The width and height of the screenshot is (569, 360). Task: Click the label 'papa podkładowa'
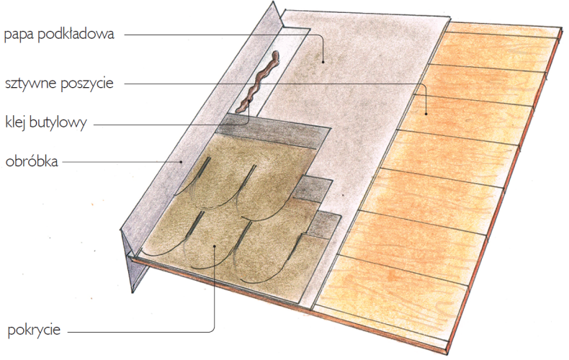[x=59, y=35]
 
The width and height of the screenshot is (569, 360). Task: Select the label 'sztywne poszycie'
[x=59, y=84]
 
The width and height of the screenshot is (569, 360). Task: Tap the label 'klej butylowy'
[x=46, y=122]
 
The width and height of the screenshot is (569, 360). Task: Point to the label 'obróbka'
[x=32, y=161]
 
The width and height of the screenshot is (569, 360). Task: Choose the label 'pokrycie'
[x=34, y=330]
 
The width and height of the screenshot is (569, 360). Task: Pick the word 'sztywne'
[x=31, y=84]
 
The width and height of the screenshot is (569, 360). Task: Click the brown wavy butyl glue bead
[x=258, y=81]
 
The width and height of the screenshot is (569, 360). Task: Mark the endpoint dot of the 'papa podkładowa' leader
[x=323, y=62]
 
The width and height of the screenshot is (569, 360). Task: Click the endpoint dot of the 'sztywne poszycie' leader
[x=426, y=114]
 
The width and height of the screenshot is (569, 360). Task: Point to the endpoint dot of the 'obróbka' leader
[x=182, y=162]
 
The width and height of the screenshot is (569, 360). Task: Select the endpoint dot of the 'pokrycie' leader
[x=215, y=246]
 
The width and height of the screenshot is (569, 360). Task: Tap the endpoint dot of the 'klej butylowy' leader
[x=248, y=100]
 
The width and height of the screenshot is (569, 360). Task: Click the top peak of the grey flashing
[x=273, y=2]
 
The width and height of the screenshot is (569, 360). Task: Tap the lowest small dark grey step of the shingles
[x=323, y=225]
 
